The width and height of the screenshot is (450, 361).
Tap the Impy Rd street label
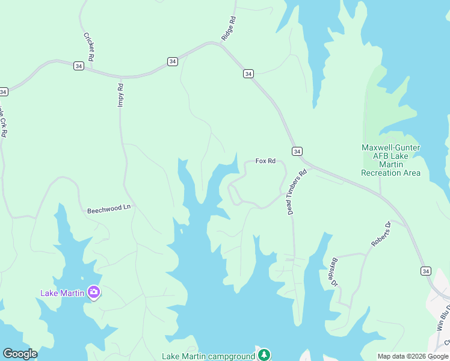(120, 95)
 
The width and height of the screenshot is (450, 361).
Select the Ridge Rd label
(229, 28)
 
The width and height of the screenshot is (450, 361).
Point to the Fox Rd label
(265, 161)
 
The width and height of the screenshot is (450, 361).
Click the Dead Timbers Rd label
(297, 192)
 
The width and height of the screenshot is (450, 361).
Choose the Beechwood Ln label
(109, 209)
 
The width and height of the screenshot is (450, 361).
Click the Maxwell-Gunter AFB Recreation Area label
(390, 160)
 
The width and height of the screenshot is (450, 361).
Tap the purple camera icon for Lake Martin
(93, 292)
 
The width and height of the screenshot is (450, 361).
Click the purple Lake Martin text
(63, 294)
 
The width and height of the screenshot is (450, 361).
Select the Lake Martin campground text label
(208, 356)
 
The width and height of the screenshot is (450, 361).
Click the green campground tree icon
(264, 354)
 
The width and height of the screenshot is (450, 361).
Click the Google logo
(20, 354)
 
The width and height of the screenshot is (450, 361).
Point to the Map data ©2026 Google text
(413, 356)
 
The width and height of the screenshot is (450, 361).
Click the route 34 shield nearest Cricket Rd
(79, 66)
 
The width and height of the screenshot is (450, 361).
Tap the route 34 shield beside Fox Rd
(297, 151)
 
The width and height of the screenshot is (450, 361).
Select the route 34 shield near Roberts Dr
(425, 271)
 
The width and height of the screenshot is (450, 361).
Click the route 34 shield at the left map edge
(4, 91)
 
